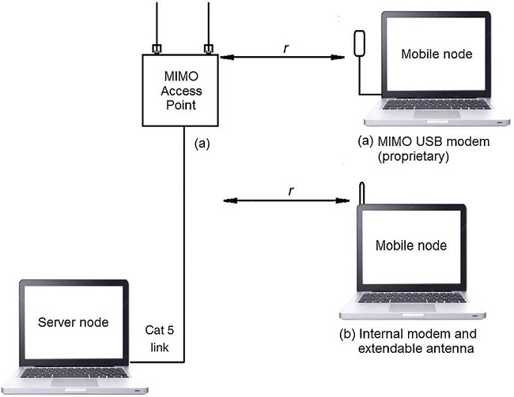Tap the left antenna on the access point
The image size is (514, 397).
point(157,24)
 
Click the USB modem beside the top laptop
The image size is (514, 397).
point(359,43)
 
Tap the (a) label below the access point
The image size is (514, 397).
point(202,143)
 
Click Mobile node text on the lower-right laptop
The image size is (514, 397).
point(432,245)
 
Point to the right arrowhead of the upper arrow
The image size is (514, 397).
point(346,58)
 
